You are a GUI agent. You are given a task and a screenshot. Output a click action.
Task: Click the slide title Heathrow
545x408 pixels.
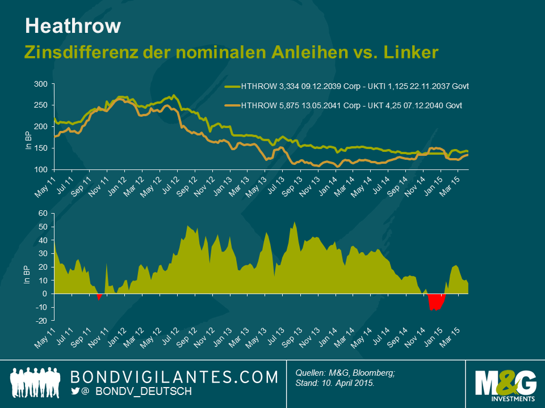coord(73,25)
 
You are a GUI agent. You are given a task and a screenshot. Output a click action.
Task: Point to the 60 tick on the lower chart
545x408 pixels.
coord(42,213)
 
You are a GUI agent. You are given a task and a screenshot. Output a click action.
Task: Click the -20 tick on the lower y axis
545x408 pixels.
coord(40,321)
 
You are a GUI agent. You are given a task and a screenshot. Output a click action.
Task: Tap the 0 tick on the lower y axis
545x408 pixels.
coord(44,294)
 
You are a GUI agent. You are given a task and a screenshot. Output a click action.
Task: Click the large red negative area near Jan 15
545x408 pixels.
coord(436,302)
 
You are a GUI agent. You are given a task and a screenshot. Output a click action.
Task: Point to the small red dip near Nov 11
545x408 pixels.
coord(99,296)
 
